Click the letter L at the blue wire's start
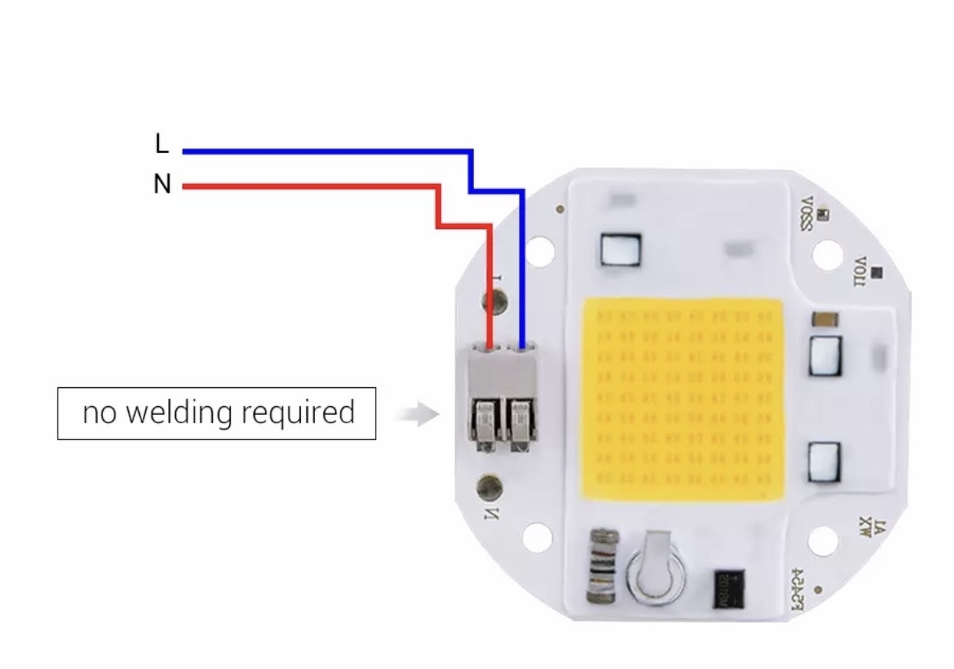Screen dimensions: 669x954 click(x=161, y=144)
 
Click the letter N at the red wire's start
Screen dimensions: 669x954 click(x=162, y=184)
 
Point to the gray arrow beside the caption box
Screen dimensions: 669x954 click(x=418, y=415)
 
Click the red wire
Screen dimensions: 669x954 click(x=307, y=186)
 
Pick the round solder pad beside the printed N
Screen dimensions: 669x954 click(x=489, y=485)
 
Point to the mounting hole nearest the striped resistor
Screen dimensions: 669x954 click(x=537, y=537)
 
